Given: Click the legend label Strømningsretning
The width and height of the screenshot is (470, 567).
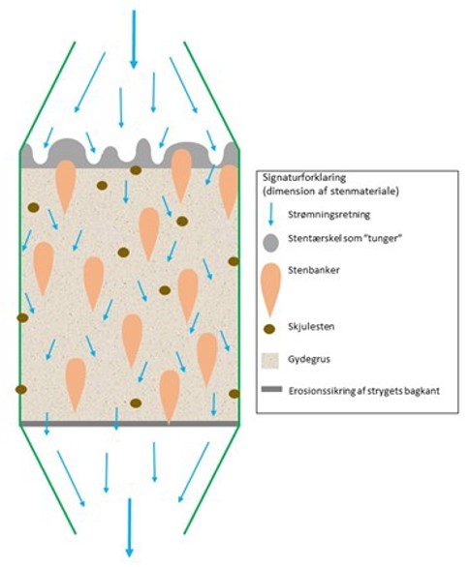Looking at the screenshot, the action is coord(329,215).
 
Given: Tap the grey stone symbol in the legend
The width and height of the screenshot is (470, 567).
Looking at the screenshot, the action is coord(270,243).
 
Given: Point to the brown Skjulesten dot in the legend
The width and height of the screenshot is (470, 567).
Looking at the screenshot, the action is coord(269,329).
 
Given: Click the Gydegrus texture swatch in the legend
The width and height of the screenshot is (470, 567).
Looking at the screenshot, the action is coord(270,361).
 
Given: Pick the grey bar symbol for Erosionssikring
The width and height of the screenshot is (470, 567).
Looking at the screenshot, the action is coord(271,389).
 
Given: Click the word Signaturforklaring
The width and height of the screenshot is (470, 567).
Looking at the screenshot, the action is coord(304,178).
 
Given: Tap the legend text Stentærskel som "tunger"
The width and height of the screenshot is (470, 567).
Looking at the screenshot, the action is coord(345,239).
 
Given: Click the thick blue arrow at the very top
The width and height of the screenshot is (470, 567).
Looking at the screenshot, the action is coord(134,39).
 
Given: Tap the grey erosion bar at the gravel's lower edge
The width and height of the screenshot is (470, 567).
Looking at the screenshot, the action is coord(129,424).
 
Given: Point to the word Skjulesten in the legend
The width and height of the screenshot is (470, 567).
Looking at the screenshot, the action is coord(311,327).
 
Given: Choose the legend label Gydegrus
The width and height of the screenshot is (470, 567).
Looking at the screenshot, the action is coord(309,359).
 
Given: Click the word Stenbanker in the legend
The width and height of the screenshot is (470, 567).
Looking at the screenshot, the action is coord(314,270).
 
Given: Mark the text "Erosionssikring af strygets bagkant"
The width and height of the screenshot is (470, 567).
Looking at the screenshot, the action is coord(364,391).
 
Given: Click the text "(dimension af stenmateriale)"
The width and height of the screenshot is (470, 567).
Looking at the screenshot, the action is coord(330,191).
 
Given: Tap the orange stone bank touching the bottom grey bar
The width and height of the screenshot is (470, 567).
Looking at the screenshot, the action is coord(170,397).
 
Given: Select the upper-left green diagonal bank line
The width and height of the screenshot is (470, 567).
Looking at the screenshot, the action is coord(47,96).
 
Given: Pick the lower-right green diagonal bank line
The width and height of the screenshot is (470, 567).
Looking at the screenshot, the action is coord(211,479).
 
